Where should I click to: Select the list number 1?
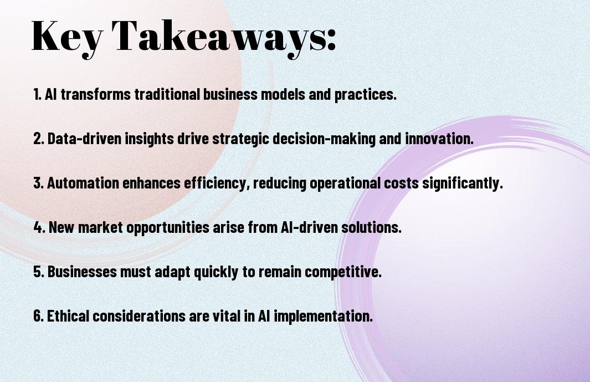click(37, 94)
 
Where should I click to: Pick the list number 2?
click(38, 139)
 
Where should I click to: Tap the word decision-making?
click(324, 139)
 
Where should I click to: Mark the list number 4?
click(39, 227)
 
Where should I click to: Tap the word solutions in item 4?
click(370, 227)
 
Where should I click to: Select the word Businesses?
click(82, 272)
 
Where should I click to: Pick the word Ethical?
click(68, 315)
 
